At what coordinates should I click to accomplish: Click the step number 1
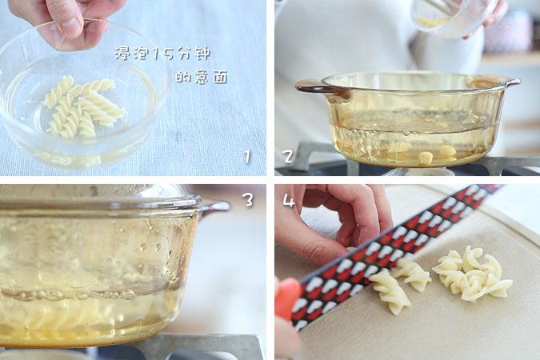click(247, 156)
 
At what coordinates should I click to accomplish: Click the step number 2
click(288, 156)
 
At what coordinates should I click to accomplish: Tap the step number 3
click(248, 200)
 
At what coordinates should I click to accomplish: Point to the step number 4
click(289, 200)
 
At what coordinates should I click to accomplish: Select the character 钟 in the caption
click(202, 54)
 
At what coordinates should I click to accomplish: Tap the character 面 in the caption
click(220, 77)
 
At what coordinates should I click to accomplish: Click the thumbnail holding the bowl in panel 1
click(71, 26)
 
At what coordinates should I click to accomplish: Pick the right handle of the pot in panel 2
click(512, 82)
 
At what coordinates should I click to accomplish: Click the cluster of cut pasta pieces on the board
click(473, 274)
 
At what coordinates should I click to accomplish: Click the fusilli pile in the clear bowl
click(82, 106)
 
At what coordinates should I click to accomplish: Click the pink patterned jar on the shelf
click(508, 33)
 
